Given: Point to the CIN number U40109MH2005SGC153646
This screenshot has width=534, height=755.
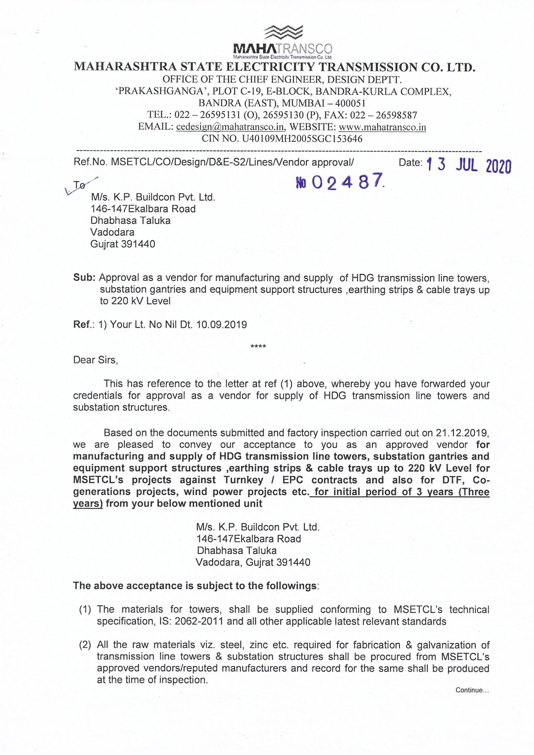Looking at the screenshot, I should pyautogui.click(x=302, y=139).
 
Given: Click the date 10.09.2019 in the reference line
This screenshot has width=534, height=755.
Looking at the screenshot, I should pyautogui.click(x=221, y=325).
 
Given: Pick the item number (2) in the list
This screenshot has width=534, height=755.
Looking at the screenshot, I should pyautogui.click(x=85, y=645).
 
